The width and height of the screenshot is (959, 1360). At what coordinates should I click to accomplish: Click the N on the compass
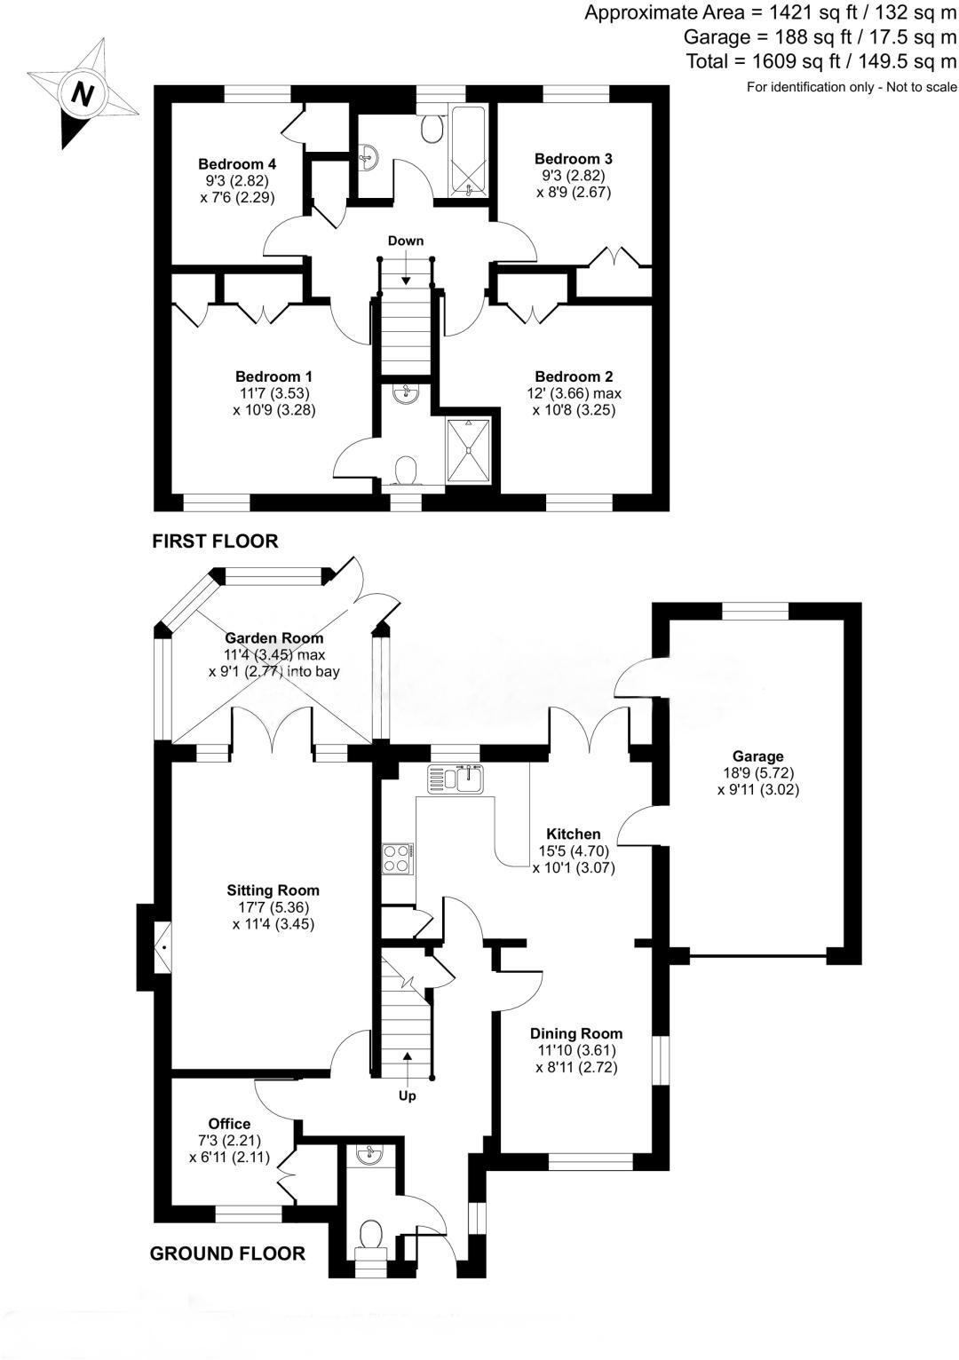(83, 93)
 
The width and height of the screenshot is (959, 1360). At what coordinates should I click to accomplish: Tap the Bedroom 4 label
(237, 164)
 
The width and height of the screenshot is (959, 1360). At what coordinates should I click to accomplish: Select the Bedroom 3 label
(573, 159)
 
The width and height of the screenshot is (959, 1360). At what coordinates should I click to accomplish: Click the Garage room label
(757, 756)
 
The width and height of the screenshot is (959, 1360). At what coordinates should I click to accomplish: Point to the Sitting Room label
(273, 890)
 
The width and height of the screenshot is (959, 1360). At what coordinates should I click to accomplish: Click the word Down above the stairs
(406, 241)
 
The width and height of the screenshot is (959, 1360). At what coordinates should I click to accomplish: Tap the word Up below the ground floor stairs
(407, 1095)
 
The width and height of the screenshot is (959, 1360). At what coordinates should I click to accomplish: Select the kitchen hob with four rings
(397, 858)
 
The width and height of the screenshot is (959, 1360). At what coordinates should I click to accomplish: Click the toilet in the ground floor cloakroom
(370, 1235)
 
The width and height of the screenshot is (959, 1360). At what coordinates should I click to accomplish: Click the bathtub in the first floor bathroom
(466, 150)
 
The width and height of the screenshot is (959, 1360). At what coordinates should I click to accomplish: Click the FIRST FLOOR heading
(215, 541)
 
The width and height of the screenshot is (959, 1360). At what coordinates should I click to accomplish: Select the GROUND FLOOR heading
(227, 1253)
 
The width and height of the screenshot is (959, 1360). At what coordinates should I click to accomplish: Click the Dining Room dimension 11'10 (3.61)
(576, 1050)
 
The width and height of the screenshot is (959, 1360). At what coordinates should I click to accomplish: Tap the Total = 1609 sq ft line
(821, 61)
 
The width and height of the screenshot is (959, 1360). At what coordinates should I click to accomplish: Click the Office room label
(229, 1124)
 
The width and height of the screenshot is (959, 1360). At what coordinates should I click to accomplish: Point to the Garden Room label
(273, 638)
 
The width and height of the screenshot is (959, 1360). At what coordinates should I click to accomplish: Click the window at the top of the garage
(755, 611)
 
